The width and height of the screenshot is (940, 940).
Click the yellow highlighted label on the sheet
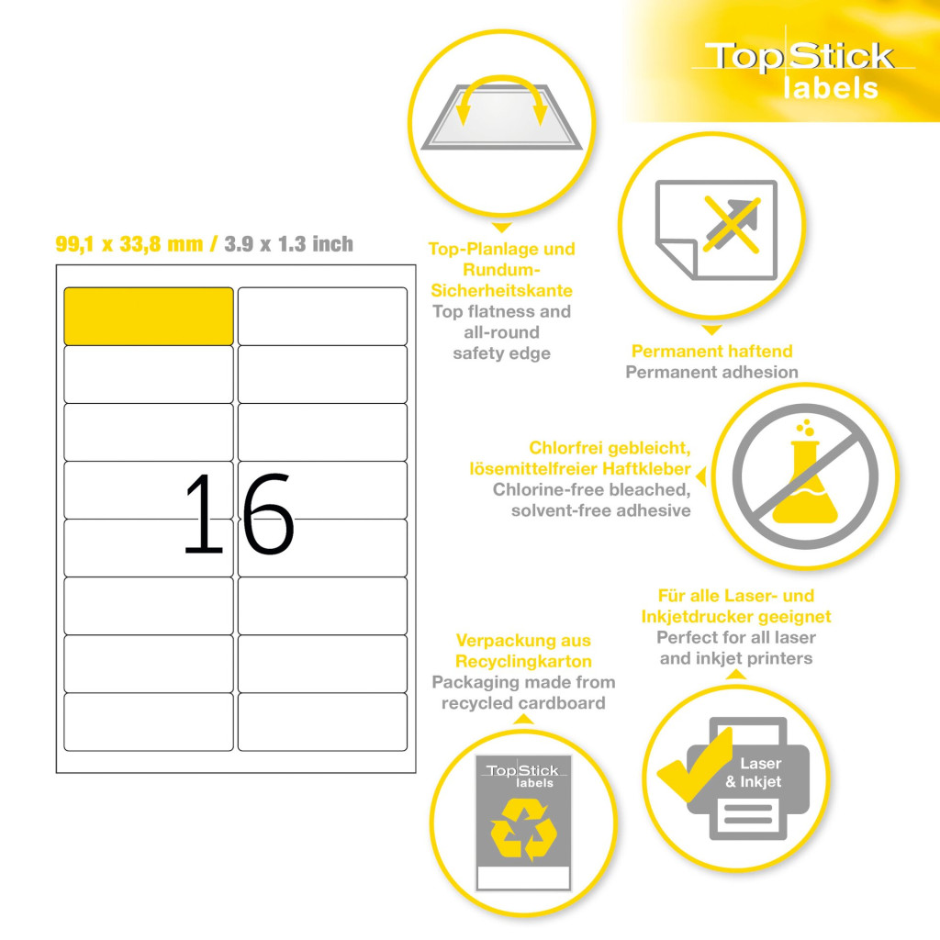pyautogui.click(x=149, y=317)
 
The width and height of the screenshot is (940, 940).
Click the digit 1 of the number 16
pyautogui.click(x=204, y=513)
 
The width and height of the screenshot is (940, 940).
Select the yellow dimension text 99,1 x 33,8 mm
pyautogui.click(x=129, y=244)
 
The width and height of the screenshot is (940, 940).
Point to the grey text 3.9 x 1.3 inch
pyautogui.click(x=288, y=244)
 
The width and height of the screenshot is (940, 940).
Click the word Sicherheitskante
pyautogui.click(x=502, y=291)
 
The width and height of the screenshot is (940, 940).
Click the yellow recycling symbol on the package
pyautogui.click(x=523, y=830)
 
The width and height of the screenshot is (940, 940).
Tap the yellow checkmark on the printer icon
pyautogui.click(x=696, y=766)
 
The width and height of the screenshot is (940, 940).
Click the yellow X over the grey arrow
pyautogui.click(x=732, y=224)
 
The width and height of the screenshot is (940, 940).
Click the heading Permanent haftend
pyautogui.click(x=711, y=352)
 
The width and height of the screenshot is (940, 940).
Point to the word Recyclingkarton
pyautogui.click(x=523, y=662)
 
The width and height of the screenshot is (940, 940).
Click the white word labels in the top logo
pyautogui.click(x=831, y=88)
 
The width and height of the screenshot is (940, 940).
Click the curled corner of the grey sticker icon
pyautogui.click(x=676, y=258)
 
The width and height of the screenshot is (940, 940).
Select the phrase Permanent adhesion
pyautogui.click(x=711, y=373)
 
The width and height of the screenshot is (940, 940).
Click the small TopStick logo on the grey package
pyautogui.click(x=522, y=775)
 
